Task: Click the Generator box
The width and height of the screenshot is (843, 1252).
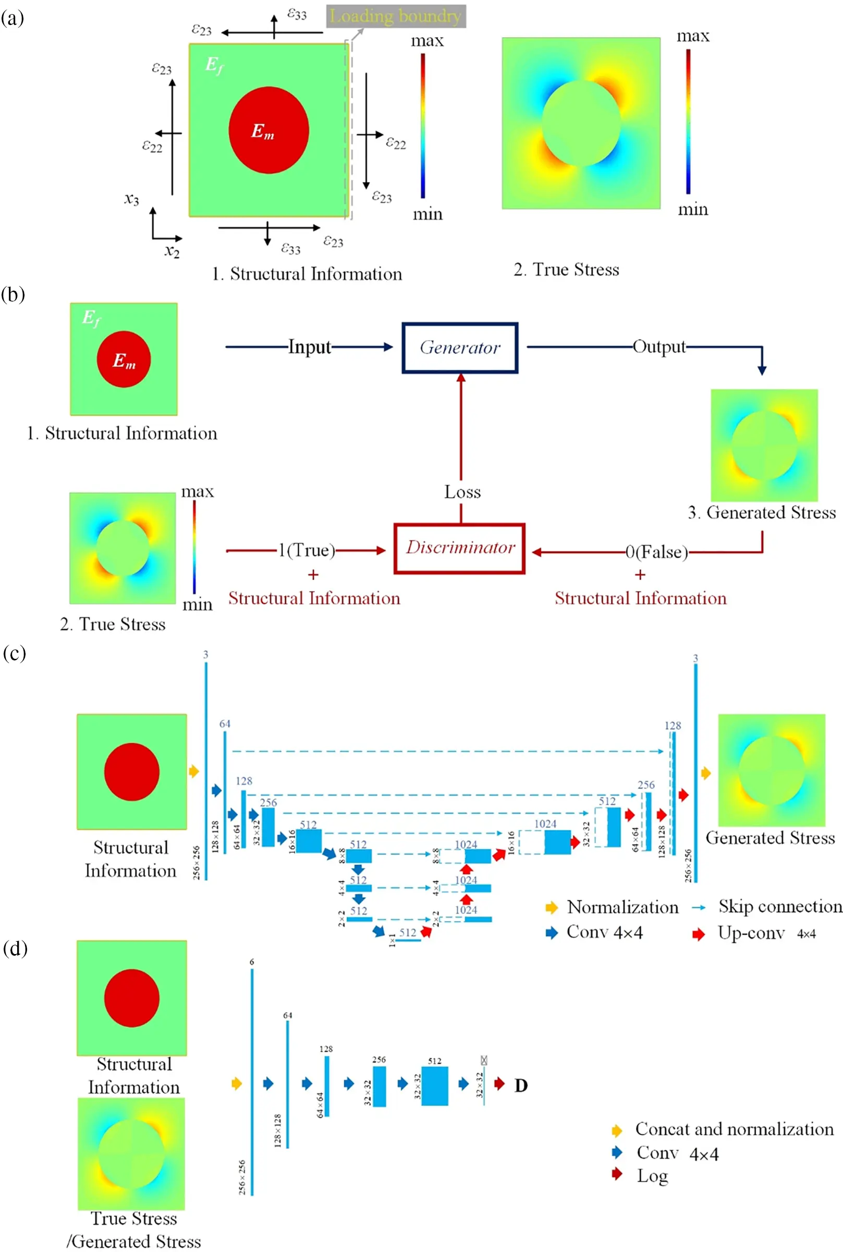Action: (460, 348)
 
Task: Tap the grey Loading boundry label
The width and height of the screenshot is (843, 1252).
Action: (396, 16)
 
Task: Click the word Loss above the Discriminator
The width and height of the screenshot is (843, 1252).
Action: (462, 492)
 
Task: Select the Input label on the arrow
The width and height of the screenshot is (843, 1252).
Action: (309, 347)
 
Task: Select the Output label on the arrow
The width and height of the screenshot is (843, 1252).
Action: (659, 347)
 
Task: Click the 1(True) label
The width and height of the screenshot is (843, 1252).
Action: (307, 550)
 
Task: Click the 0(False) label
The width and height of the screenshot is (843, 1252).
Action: (656, 552)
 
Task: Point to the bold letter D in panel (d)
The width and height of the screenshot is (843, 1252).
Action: (520, 1085)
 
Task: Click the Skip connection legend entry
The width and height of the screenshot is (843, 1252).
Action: (779, 907)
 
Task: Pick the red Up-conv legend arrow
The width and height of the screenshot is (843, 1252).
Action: (699, 934)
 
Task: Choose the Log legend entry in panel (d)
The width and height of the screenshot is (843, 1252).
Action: (652, 1176)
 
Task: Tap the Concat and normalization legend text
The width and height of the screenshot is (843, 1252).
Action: (734, 1129)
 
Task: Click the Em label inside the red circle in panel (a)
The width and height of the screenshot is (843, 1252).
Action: (263, 131)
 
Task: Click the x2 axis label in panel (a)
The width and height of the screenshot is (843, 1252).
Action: (172, 251)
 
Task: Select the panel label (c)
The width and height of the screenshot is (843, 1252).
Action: (14, 654)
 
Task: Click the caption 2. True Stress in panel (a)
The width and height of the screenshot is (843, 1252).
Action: (566, 269)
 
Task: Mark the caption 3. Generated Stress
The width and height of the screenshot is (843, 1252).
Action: (762, 512)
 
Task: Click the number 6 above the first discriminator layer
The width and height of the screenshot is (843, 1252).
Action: (252, 962)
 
